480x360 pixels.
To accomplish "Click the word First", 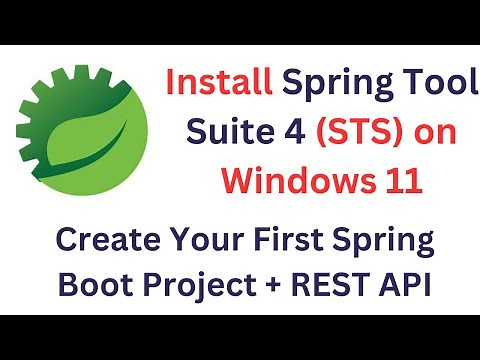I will pos(309,241).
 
